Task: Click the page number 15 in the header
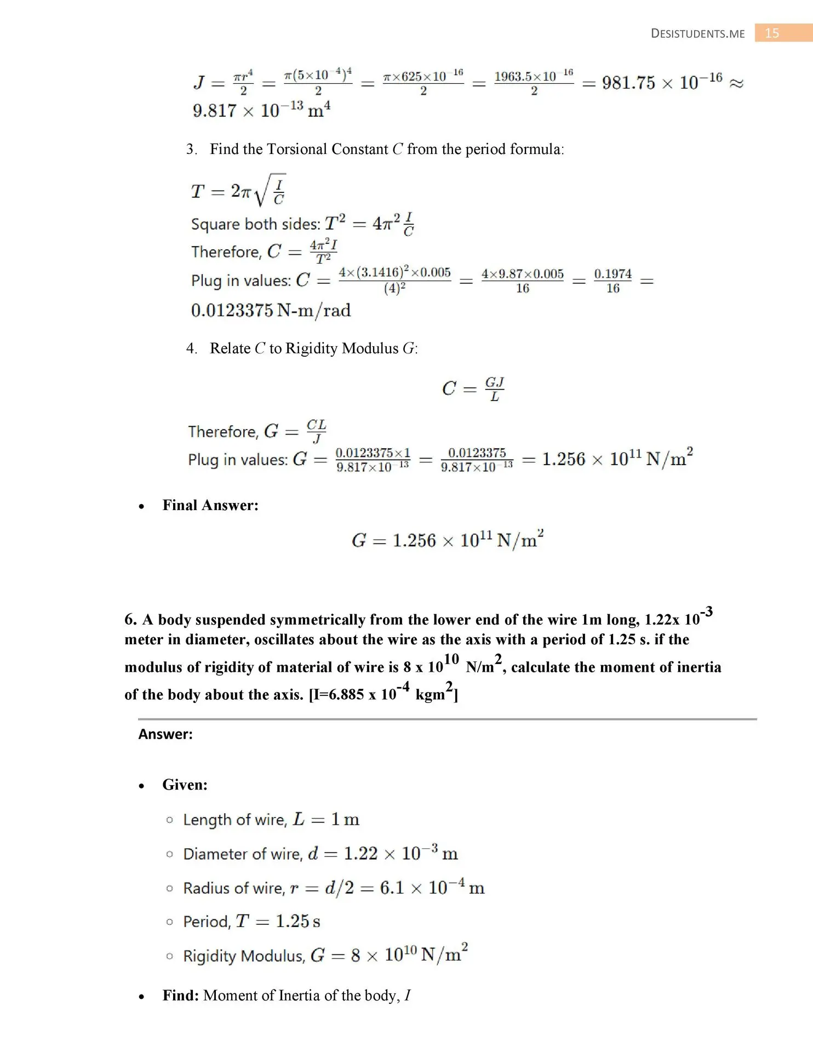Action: [x=772, y=33]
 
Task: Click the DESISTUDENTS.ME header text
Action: [x=697, y=34]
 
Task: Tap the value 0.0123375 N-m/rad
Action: [x=271, y=311]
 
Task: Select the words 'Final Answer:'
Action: [x=210, y=505]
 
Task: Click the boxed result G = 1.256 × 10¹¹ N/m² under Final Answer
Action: [x=448, y=540]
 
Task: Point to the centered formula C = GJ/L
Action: [x=473, y=388]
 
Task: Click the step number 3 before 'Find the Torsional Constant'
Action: [x=191, y=150]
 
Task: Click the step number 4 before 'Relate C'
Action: [x=191, y=348]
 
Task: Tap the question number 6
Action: [x=130, y=620]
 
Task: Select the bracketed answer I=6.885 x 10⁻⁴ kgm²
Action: [x=383, y=694]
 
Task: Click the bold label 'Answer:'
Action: [x=165, y=734]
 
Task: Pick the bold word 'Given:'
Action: [x=185, y=785]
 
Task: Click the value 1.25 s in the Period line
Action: [x=298, y=922]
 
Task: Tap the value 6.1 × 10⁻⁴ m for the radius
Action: [x=432, y=887]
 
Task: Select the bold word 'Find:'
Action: [x=181, y=995]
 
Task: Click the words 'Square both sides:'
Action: [x=255, y=224]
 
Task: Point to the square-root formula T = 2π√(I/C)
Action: [x=238, y=191]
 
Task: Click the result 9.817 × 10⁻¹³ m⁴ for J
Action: [x=261, y=110]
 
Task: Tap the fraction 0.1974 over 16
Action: [x=612, y=281]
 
